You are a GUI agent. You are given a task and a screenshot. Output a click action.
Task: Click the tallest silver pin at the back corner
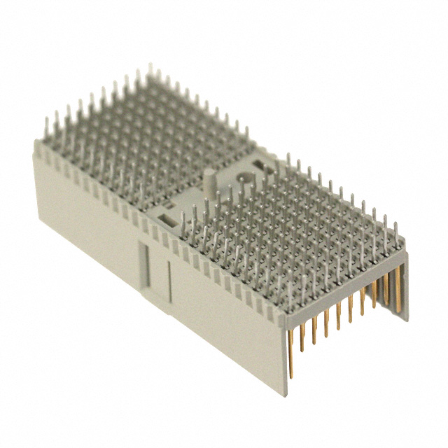coord(149,74)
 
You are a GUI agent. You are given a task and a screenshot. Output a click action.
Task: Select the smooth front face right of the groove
coord(224,322)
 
